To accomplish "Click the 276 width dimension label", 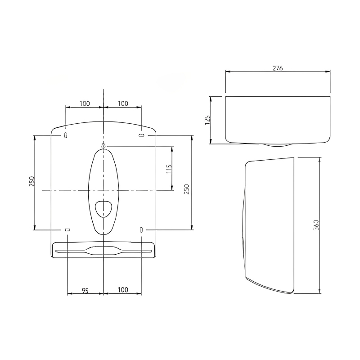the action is tap(278, 68).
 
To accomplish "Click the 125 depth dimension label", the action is tap(207, 120).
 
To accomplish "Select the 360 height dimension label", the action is tap(316, 225).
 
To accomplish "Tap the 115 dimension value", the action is tap(169, 169).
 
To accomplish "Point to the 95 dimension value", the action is tap(85, 291).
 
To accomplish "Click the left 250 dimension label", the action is tap(31, 181).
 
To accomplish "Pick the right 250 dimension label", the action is tap(186, 189).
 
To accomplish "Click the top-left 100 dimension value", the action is tap(85, 103).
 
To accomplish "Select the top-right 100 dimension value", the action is tap(123, 103).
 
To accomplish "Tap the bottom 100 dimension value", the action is tap(123, 290).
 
